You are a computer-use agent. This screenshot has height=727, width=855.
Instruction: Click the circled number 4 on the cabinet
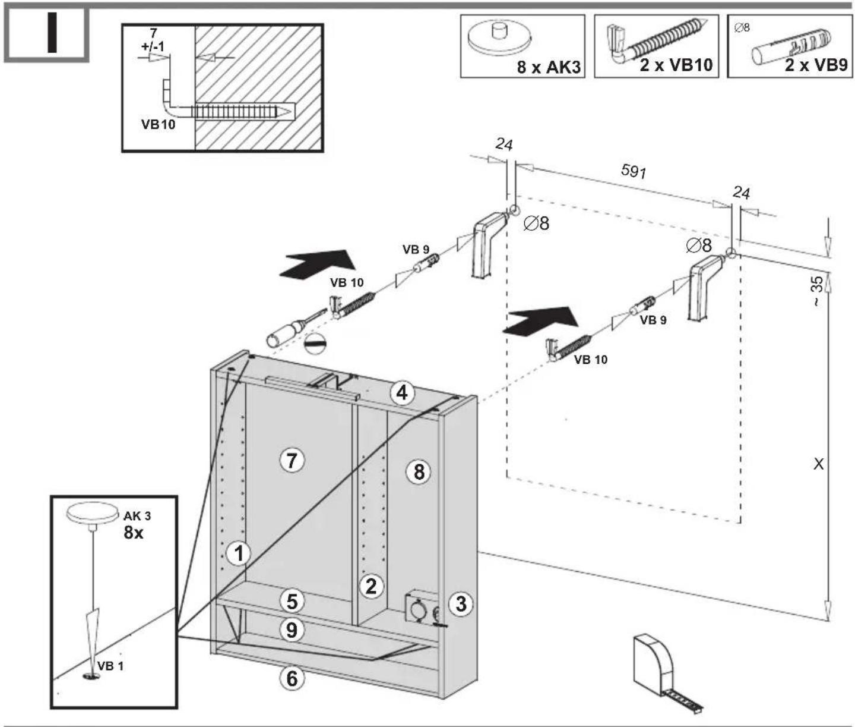click(402, 393)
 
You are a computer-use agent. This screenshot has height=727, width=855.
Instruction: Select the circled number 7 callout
click(292, 460)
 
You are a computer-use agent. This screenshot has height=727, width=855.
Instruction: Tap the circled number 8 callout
click(419, 471)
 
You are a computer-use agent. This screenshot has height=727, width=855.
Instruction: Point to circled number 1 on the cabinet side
click(239, 553)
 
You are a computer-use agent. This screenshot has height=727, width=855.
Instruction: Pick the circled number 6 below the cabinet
click(292, 678)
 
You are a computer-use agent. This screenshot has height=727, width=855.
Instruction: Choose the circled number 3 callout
click(461, 603)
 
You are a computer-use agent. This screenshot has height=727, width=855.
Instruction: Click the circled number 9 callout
click(292, 630)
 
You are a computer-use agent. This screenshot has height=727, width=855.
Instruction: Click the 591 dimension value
click(634, 171)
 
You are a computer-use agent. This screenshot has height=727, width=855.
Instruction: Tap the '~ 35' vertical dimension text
click(817, 291)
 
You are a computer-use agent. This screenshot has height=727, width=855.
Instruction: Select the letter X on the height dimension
click(819, 464)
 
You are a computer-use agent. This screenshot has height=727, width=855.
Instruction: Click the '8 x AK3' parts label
click(549, 67)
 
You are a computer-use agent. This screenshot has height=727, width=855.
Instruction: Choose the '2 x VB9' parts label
click(816, 65)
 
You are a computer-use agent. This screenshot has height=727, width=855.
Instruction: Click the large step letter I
click(52, 32)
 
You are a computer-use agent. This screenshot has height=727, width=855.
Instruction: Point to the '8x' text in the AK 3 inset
click(133, 533)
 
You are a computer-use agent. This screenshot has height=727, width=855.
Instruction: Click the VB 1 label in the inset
click(110, 666)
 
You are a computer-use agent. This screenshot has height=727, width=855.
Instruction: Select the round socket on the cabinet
click(418, 609)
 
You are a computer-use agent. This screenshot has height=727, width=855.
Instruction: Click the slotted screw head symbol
click(315, 344)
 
